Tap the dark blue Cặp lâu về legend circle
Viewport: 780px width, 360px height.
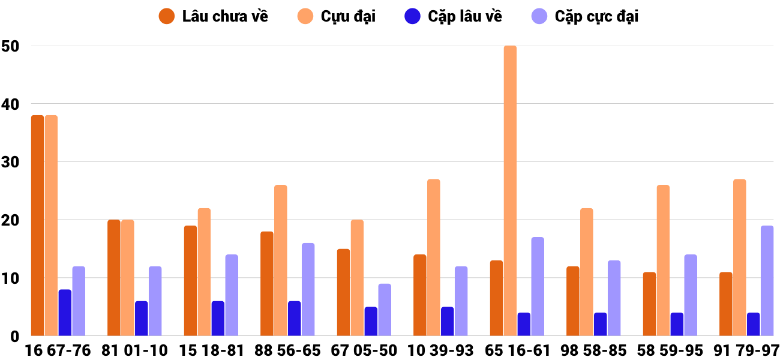tap(412, 16)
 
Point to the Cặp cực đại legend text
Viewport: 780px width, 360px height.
tap(596, 16)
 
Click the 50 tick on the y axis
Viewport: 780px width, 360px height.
tap(11, 46)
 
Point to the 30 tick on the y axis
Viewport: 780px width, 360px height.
tap(11, 162)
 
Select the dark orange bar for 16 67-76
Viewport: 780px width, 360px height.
tap(38, 226)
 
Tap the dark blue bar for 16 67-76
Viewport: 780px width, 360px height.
tap(65, 313)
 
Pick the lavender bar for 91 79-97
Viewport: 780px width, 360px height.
tap(767, 281)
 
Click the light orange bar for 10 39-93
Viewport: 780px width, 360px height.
tap(433, 257)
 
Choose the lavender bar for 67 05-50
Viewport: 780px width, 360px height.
tap(385, 310)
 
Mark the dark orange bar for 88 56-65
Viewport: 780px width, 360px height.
tap(267, 284)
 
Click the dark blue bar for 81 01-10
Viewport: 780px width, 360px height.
tap(142, 319)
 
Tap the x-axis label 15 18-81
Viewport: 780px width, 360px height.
tap(211, 350)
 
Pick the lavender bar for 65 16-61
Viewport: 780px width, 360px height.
tap(538, 287)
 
